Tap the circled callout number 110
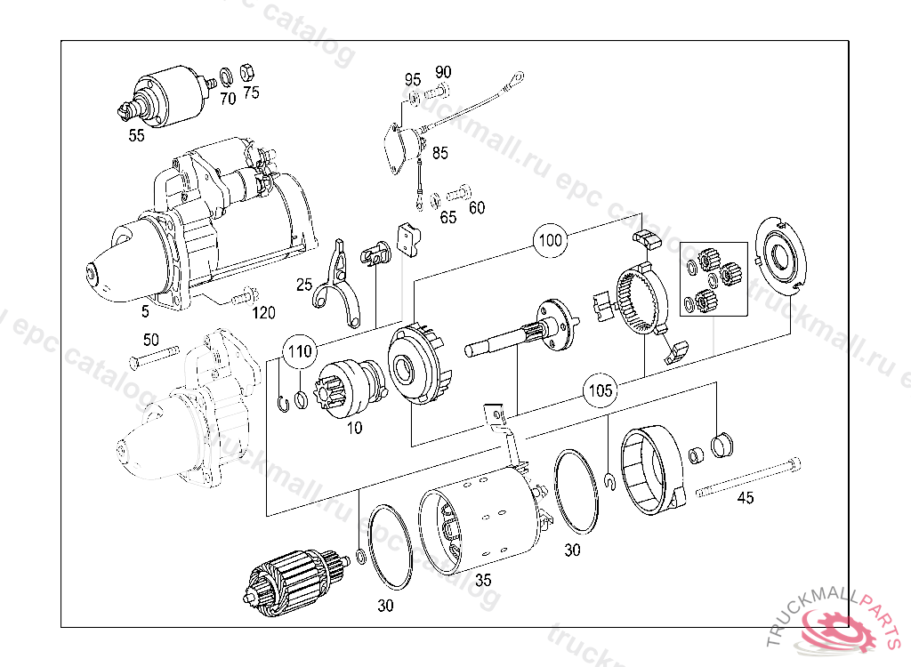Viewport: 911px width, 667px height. [300, 352]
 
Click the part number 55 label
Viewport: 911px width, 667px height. [136, 135]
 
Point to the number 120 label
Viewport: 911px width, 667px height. [263, 312]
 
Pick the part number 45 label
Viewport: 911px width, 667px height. [746, 498]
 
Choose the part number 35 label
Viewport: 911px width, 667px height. [483, 581]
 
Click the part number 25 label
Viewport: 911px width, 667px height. [304, 285]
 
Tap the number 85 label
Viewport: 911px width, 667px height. [439, 153]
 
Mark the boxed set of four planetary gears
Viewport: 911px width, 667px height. [713, 278]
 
